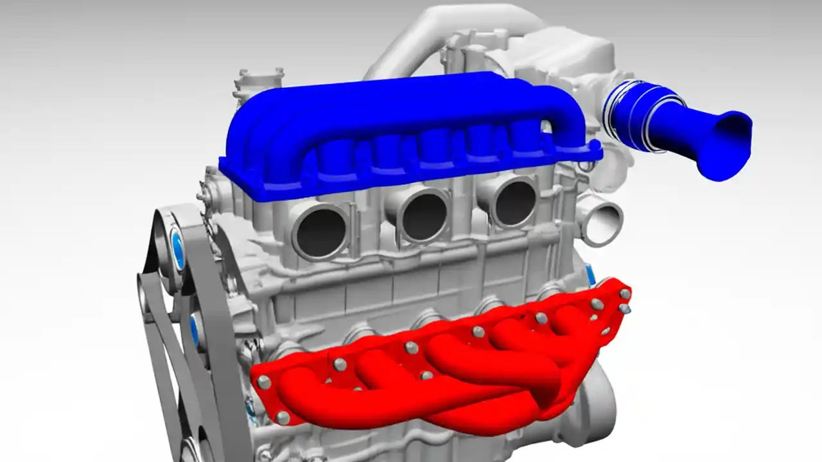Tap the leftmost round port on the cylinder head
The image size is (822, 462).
click(x=320, y=230)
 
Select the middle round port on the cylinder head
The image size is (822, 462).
click(x=423, y=216)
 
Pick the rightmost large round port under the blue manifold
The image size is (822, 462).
click(x=513, y=201)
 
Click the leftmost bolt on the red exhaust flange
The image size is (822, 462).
click(x=263, y=382)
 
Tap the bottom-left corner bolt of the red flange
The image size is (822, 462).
click(x=283, y=418)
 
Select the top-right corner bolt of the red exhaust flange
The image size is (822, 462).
click(x=624, y=293)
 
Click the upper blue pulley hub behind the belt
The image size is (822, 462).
click(x=177, y=248)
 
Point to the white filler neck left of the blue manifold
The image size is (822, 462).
click(x=257, y=83)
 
